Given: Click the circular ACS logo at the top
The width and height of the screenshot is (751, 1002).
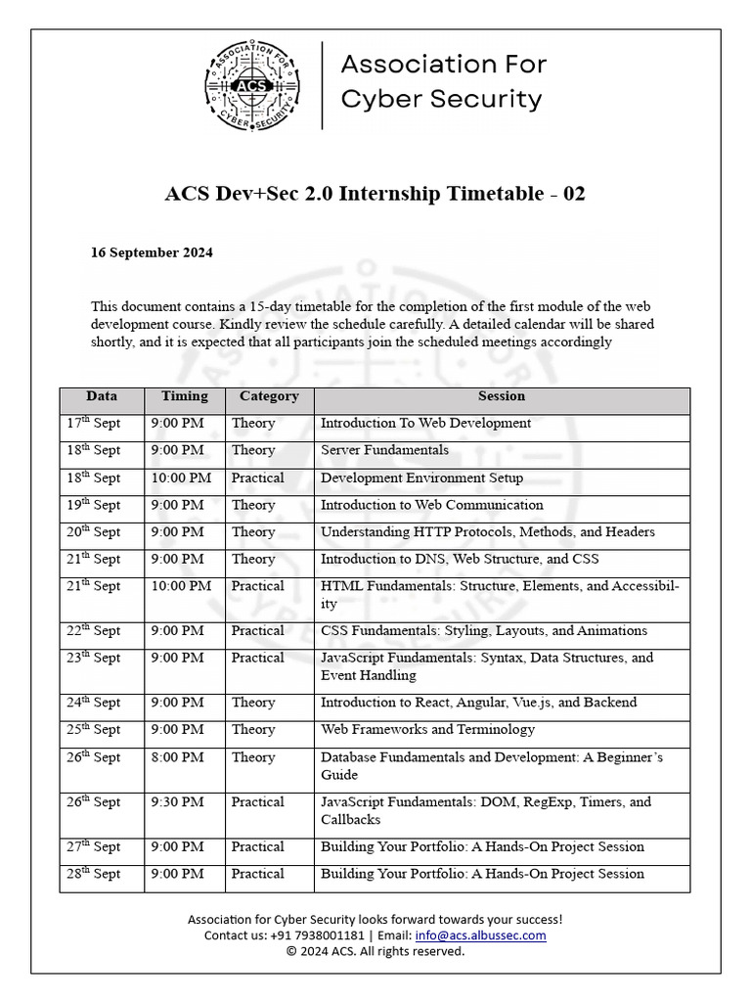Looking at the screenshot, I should point(253,86).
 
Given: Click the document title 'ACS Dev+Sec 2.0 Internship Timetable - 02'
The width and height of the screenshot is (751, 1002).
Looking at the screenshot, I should point(375,194).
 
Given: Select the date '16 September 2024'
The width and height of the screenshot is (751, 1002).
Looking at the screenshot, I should point(152,252).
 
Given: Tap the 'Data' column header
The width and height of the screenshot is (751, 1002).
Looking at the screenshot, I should point(102,396).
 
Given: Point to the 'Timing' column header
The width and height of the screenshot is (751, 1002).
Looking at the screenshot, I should point(185,396).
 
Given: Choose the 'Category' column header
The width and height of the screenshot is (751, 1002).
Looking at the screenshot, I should point(269,396).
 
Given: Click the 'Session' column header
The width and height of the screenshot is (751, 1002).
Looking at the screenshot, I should point(502,396).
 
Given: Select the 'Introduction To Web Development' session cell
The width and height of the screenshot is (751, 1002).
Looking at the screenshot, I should point(425,424).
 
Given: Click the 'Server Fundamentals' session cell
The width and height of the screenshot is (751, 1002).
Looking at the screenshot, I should point(385,451).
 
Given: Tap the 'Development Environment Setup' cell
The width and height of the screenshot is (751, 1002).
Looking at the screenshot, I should point(421,478).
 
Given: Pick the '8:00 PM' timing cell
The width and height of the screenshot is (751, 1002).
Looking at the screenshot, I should point(178,757).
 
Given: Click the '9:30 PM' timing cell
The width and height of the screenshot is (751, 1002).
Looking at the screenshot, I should point(178,802).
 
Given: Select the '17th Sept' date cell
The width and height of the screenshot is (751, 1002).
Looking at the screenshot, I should point(94,424).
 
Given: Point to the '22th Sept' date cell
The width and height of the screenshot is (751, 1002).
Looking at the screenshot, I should point(94,631).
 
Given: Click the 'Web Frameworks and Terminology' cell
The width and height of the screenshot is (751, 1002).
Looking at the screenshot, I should point(427,730).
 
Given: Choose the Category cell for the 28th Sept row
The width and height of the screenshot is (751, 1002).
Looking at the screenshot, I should point(258,874).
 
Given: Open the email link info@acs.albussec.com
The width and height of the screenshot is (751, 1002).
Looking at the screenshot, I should point(480,935).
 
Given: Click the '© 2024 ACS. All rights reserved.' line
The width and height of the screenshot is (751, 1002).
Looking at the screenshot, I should point(375,951).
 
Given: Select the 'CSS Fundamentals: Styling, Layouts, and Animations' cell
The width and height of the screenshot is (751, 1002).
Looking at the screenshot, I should point(484,631).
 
